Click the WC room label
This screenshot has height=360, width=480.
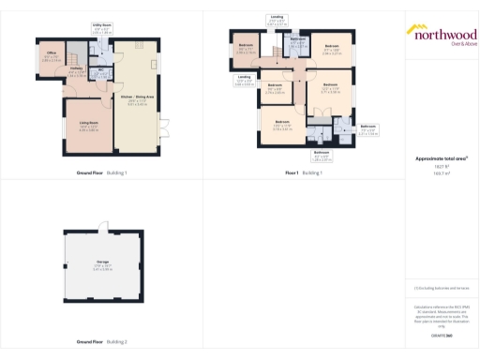tap(100, 74)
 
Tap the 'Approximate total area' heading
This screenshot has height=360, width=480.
tap(441, 158)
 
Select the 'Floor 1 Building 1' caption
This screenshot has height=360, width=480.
tap(304, 173)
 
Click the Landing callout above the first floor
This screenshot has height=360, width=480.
tap(277, 19)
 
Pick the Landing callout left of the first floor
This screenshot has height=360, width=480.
tap(244, 81)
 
